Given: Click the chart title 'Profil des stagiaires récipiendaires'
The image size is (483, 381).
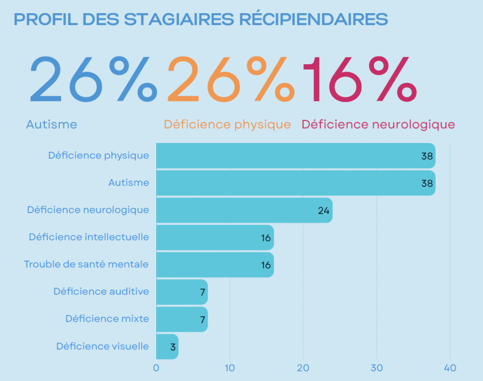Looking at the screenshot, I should [201, 19].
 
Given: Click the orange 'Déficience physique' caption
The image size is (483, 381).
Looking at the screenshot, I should [227, 124].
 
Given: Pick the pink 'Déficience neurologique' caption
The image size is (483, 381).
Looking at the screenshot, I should [378, 124].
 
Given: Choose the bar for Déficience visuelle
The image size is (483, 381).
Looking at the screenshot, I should [167, 347].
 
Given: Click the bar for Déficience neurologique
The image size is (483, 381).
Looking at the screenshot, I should [244, 210].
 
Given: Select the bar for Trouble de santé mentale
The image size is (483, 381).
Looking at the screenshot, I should [215, 265].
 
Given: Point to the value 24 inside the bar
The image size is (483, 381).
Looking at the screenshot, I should [324, 211].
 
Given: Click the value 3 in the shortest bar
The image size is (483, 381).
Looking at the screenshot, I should [173, 347].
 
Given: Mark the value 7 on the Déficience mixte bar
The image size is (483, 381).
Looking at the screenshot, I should [202, 320].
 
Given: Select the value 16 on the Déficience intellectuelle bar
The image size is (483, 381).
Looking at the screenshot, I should [266, 238].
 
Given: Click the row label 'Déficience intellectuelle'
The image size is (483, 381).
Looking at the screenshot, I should [89, 237].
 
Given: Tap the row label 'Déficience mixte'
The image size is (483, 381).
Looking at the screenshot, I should [107, 319].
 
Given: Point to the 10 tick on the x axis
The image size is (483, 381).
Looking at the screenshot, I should [230, 368].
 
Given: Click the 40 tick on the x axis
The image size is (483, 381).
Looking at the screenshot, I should [450, 368].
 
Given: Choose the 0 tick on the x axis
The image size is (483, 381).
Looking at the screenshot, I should [156, 368].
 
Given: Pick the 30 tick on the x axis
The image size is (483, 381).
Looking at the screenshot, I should [376, 368].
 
